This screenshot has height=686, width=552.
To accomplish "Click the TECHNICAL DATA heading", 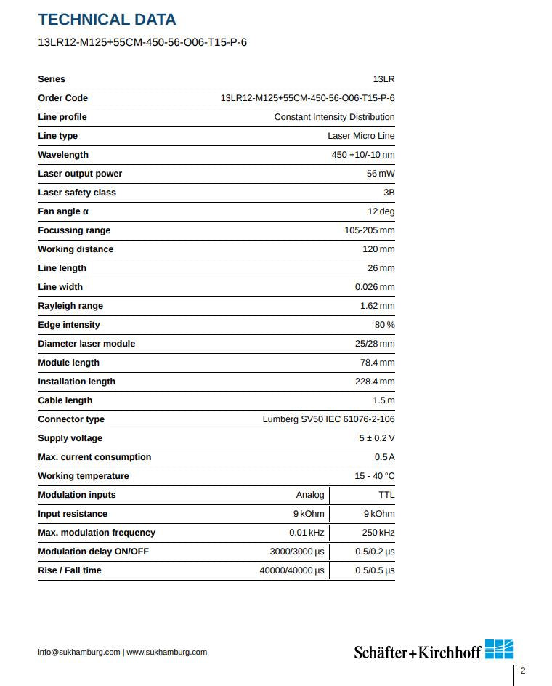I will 107,20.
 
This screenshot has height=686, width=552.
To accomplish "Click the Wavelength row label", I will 63,155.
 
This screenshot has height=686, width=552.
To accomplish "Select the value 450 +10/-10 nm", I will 362,155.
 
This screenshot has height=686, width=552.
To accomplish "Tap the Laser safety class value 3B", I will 389,193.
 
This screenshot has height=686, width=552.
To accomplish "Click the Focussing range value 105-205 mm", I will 369,230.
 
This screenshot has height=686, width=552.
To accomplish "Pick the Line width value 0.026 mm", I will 374,287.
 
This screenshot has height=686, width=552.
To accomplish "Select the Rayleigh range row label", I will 70,306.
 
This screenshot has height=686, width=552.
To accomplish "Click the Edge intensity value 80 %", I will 384,325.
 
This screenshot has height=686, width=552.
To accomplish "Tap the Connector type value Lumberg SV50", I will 328,419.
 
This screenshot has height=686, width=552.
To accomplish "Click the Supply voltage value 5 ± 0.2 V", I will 376,438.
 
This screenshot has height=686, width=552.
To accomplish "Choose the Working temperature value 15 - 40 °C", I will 374,476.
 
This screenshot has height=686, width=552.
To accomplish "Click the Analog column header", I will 310,495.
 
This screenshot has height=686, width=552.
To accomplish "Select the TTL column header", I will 386,495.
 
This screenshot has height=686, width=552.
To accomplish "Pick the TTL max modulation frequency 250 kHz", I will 378,533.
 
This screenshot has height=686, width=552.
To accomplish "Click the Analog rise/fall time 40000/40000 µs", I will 292,570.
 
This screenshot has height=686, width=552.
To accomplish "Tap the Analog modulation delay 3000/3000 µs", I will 296,552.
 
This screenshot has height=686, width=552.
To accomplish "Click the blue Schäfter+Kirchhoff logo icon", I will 499,649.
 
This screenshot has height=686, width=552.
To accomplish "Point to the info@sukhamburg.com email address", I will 79,652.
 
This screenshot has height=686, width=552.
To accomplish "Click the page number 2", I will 522,671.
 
